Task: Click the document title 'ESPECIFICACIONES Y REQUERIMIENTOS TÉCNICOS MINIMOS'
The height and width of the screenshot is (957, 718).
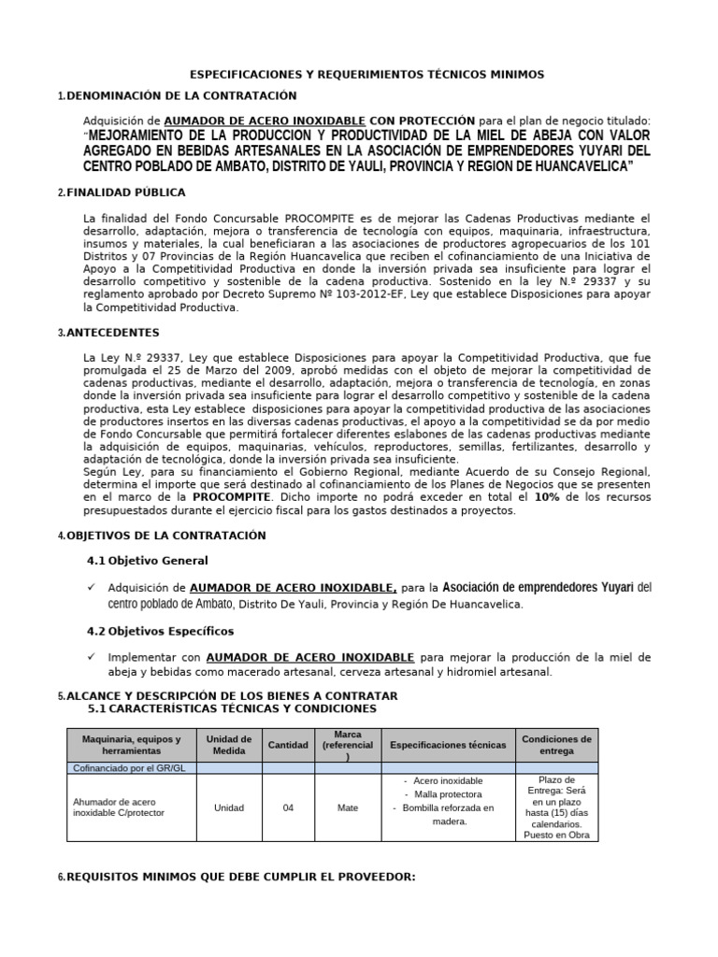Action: [x=366, y=74]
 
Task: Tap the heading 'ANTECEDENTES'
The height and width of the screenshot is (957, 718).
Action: [x=112, y=333]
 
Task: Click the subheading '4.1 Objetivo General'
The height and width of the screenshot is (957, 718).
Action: [x=147, y=561]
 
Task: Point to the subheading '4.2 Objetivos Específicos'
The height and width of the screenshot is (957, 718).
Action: [x=160, y=632]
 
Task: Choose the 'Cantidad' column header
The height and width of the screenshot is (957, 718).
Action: [x=288, y=745]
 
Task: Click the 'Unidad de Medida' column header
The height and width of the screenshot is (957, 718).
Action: [x=228, y=745]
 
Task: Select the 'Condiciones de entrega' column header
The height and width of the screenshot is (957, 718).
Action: [x=556, y=745]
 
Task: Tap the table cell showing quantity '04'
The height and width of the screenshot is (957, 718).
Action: [x=288, y=808]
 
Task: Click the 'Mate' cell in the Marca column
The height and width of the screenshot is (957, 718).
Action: [x=347, y=808]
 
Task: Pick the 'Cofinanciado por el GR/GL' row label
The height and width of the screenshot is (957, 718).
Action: [x=131, y=768]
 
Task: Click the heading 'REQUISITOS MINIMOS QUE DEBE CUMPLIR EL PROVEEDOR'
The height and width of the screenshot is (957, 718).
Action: [x=240, y=878]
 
